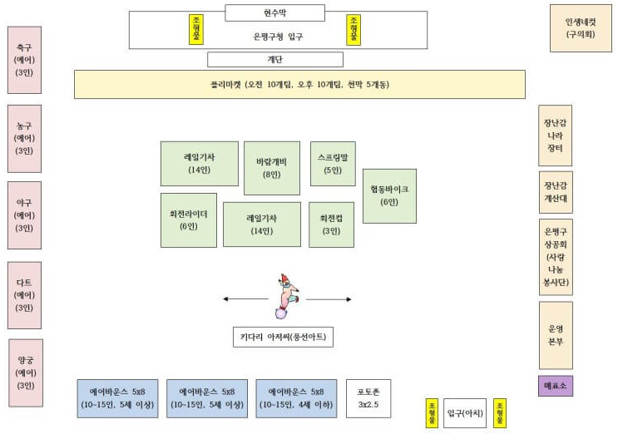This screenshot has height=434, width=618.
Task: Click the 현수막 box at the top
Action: tap(274, 12)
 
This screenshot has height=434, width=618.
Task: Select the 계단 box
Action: tap(274, 59)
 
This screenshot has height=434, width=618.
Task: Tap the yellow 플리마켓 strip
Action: tap(299, 84)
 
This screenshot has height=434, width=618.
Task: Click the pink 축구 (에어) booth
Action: tap(24, 60)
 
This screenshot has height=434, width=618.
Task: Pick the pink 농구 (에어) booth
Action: tap(24, 138)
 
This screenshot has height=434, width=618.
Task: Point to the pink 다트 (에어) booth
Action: tap(24, 295)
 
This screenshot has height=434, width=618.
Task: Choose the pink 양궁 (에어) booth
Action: tap(26, 372)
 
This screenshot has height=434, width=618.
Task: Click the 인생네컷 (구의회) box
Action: tap(581, 28)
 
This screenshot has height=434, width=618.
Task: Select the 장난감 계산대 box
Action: tap(556, 192)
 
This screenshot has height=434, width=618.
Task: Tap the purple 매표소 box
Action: tap(555, 386)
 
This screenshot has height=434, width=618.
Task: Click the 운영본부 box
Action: tap(556, 335)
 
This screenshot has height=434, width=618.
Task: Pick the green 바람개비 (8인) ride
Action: tap(272, 168)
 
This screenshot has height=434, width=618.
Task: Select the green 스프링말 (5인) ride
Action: tap(333, 163)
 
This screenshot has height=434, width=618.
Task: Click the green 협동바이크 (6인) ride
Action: tap(389, 195)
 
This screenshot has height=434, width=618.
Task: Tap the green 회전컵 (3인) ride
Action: tap(331, 224)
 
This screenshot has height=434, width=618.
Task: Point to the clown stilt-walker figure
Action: tap(287, 296)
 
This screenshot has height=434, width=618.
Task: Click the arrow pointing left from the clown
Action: tap(245, 299)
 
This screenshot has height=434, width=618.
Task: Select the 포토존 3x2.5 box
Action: tap(368, 397)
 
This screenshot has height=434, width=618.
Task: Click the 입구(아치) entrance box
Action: tap(464, 412)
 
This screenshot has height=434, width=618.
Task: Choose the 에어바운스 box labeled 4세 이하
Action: tap(296, 397)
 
